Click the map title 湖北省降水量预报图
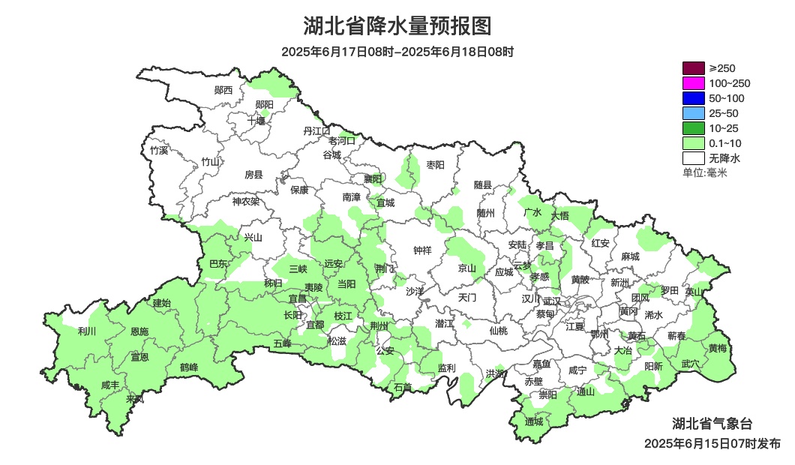point(397,26)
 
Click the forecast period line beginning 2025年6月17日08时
point(397,52)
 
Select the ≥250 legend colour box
point(694,68)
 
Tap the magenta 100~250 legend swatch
point(694,83)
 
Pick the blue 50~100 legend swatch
point(694,98)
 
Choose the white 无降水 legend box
point(694,158)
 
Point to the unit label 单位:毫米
point(704,172)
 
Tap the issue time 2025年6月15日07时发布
point(712,443)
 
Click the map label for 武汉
point(552,300)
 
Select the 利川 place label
point(87,331)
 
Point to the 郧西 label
point(223,90)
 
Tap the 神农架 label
point(245,201)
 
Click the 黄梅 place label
point(718,348)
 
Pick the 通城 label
point(534,421)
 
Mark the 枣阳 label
point(435,164)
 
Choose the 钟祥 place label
point(423,250)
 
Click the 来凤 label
point(135,398)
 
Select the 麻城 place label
point(630,256)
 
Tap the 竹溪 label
point(159,150)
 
